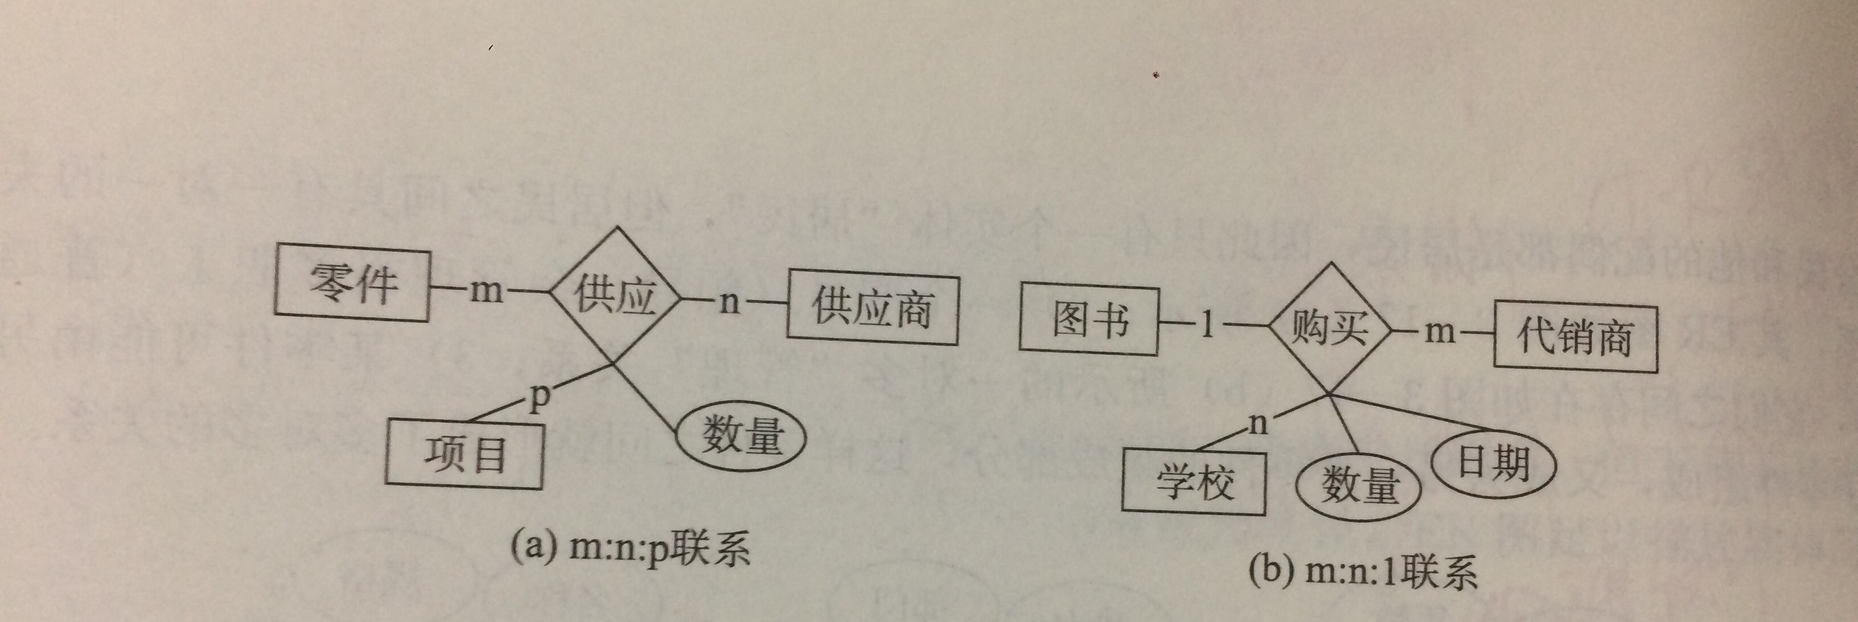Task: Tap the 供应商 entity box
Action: click(872, 306)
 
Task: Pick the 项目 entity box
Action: click(464, 455)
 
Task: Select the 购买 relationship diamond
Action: click(1329, 329)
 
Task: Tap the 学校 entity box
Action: click(1194, 481)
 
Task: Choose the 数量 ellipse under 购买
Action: click(1359, 484)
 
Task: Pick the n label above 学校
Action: click(1257, 423)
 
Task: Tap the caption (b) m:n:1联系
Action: click(1363, 571)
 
